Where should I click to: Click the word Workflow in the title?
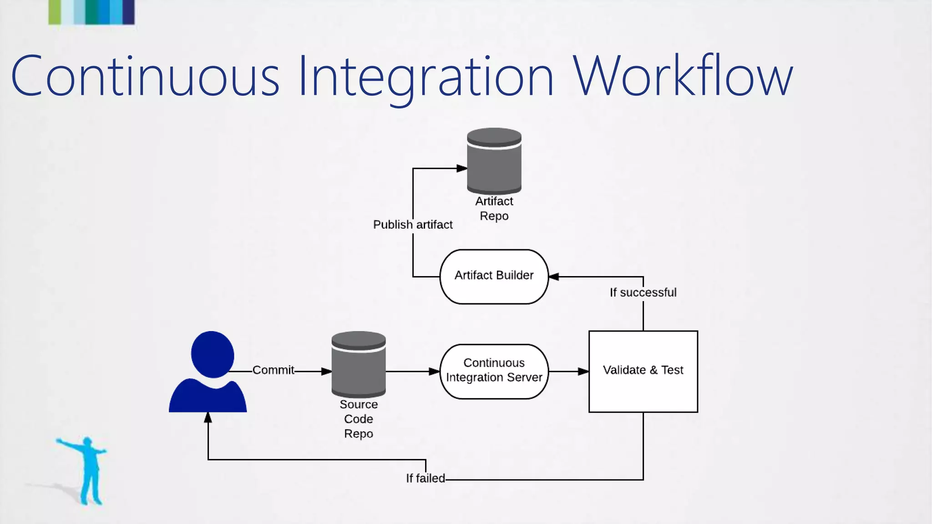point(683,76)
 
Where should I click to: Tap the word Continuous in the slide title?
point(145,76)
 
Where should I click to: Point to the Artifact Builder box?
point(494,276)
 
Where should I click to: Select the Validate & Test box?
point(643,371)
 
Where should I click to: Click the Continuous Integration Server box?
point(494,371)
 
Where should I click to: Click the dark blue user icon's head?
point(213,354)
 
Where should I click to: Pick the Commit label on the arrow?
point(273,370)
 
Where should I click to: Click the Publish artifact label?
point(413,225)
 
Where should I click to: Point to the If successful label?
point(643,292)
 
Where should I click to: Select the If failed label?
point(425,478)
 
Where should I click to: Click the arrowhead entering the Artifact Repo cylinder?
point(462,168)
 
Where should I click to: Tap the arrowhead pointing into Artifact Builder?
point(554,277)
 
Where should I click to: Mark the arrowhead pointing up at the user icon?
point(208,418)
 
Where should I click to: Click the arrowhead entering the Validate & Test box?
point(583,372)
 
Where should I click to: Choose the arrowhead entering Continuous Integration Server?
point(434,372)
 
